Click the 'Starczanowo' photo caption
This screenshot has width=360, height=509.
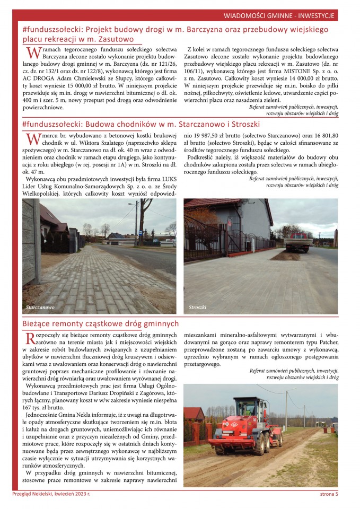click(x=40, y=307)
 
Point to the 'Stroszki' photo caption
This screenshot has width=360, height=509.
click(x=197, y=307)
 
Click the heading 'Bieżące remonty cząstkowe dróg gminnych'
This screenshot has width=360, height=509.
click(x=101, y=323)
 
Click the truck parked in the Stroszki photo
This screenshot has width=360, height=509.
click(x=299, y=241)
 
